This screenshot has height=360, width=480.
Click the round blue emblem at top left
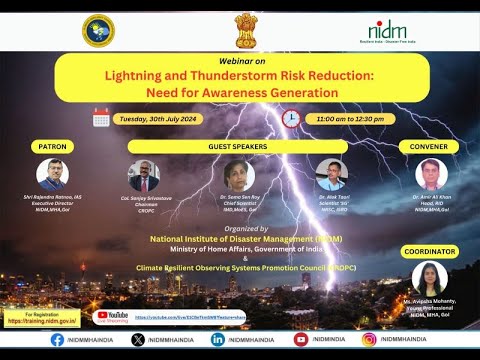click(97, 30)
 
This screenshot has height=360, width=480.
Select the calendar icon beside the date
click(101, 118)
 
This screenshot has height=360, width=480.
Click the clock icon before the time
click(291, 118)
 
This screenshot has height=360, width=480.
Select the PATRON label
click(52, 146)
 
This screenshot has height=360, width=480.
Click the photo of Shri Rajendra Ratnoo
click(52, 175)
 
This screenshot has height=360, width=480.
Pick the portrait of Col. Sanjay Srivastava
click(144, 175)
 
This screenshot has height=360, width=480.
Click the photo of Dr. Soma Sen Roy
click(239, 176)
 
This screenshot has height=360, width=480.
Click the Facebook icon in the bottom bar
click(58, 339)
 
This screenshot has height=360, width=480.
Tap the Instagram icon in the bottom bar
click(369, 339)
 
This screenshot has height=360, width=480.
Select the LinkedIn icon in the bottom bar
click(218, 339)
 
